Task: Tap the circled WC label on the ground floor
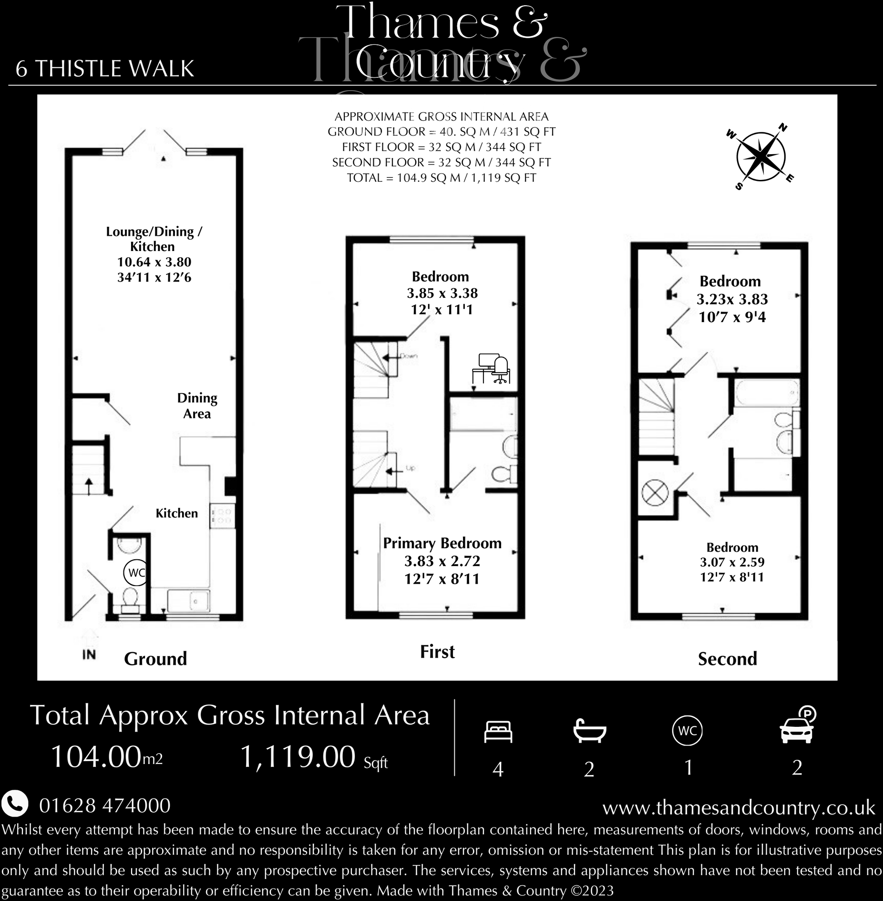pyautogui.click(x=136, y=572)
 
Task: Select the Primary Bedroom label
pyautogui.click(x=442, y=543)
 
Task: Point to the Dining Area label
pyautogui.click(x=197, y=406)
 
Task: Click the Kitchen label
pyautogui.click(x=176, y=513)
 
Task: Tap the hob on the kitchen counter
pyautogui.click(x=222, y=516)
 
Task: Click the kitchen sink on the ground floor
pyautogui.click(x=189, y=601)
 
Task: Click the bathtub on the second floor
pyautogui.click(x=767, y=392)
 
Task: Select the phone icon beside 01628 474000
pyautogui.click(x=15, y=805)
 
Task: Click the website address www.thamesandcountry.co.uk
pyautogui.click(x=739, y=807)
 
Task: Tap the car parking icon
pyautogui.click(x=797, y=726)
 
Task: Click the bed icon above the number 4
pyautogui.click(x=498, y=731)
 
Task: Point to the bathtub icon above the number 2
pyautogui.click(x=589, y=731)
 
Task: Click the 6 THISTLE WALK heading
pyautogui.click(x=105, y=69)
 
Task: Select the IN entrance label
pyautogui.click(x=89, y=655)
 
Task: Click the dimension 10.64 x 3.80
pyautogui.click(x=154, y=262)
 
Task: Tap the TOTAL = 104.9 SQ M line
pyautogui.click(x=441, y=178)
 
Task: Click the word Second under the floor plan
pyautogui.click(x=727, y=659)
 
